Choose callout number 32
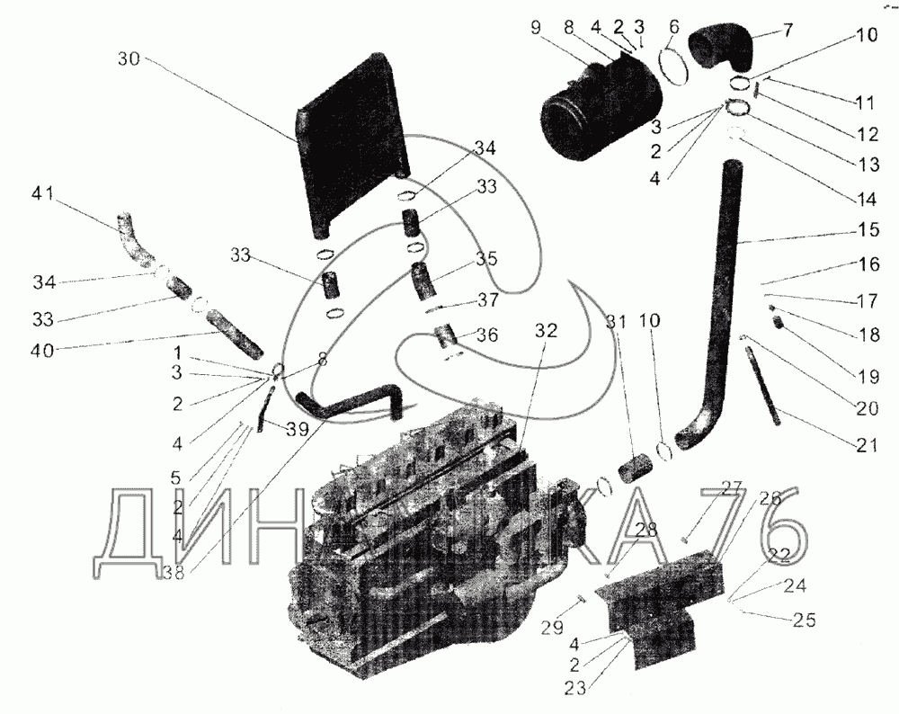(547, 330)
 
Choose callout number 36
(486, 334)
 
